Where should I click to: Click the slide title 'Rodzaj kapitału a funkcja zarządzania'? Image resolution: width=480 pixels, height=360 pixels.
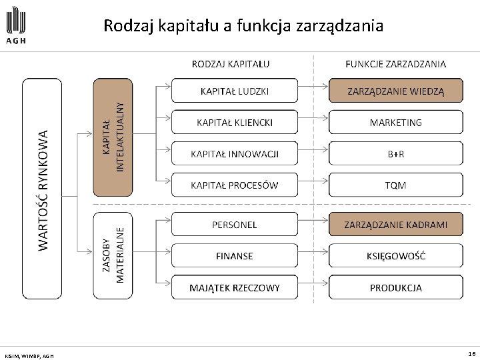click(x=243, y=26)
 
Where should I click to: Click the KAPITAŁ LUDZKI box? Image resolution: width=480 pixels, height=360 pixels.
click(x=235, y=90)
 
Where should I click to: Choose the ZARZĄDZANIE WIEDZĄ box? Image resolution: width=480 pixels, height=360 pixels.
click(x=395, y=90)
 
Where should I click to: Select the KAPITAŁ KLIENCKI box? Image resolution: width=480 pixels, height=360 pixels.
click(x=235, y=122)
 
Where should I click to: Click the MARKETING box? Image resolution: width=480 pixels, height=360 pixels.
click(x=395, y=122)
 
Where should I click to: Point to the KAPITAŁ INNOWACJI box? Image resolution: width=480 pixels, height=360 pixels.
click(x=235, y=154)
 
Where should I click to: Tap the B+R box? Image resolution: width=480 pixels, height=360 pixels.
click(x=395, y=154)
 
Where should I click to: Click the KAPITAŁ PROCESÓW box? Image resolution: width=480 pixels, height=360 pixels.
click(x=235, y=185)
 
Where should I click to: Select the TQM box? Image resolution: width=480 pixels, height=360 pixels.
click(x=395, y=185)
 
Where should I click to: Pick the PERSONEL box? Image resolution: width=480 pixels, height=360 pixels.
click(x=235, y=225)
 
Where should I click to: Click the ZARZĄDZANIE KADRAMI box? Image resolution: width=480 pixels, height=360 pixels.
click(x=395, y=225)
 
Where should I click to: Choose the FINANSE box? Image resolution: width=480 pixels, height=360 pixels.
click(x=235, y=256)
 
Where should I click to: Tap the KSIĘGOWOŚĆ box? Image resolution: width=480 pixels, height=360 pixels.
click(x=395, y=256)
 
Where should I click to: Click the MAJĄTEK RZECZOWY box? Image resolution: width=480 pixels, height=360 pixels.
click(x=235, y=288)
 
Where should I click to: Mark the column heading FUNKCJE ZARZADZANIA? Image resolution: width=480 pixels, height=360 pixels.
click(x=396, y=64)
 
